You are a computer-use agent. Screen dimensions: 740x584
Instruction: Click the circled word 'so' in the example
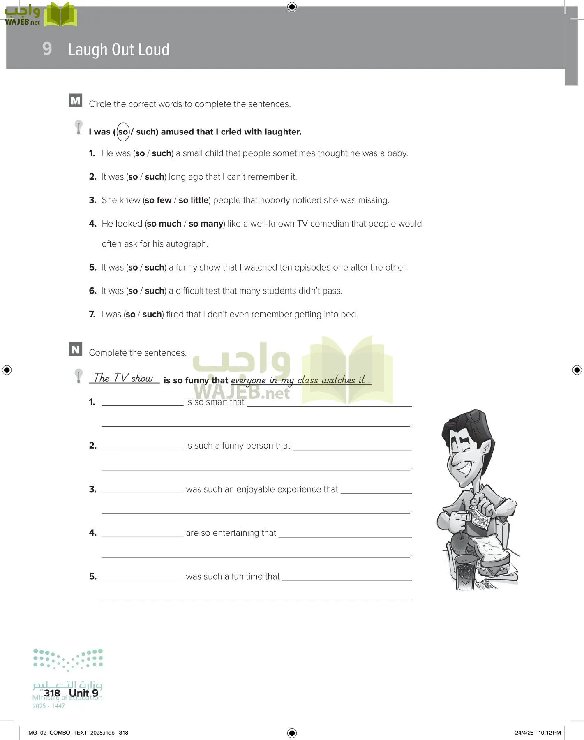tap(123, 132)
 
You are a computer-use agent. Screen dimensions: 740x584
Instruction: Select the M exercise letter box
tap(76, 101)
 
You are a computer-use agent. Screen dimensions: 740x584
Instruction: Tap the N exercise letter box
tap(76, 349)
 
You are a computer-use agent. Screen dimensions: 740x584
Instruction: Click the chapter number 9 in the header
tap(47, 49)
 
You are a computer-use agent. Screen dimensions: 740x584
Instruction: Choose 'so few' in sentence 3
tap(158, 200)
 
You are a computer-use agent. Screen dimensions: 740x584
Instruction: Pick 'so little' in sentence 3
tap(194, 200)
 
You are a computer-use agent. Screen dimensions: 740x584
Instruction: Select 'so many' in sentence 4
tap(206, 224)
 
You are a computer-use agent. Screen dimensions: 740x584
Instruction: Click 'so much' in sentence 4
tap(164, 224)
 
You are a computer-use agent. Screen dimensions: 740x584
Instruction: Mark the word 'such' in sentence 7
tap(152, 314)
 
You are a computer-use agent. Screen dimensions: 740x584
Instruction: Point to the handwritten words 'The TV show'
tap(123, 378)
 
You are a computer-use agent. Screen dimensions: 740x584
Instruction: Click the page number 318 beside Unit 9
tap(52, 694)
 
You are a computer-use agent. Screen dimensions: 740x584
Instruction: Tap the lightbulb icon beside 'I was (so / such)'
tap(78, 127)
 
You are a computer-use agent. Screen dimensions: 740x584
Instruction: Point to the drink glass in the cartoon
tap(466, 571)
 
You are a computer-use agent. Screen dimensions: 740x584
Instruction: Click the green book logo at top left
tap(60, 15)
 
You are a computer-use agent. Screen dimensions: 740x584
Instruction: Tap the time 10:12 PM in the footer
tap(549, 733)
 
